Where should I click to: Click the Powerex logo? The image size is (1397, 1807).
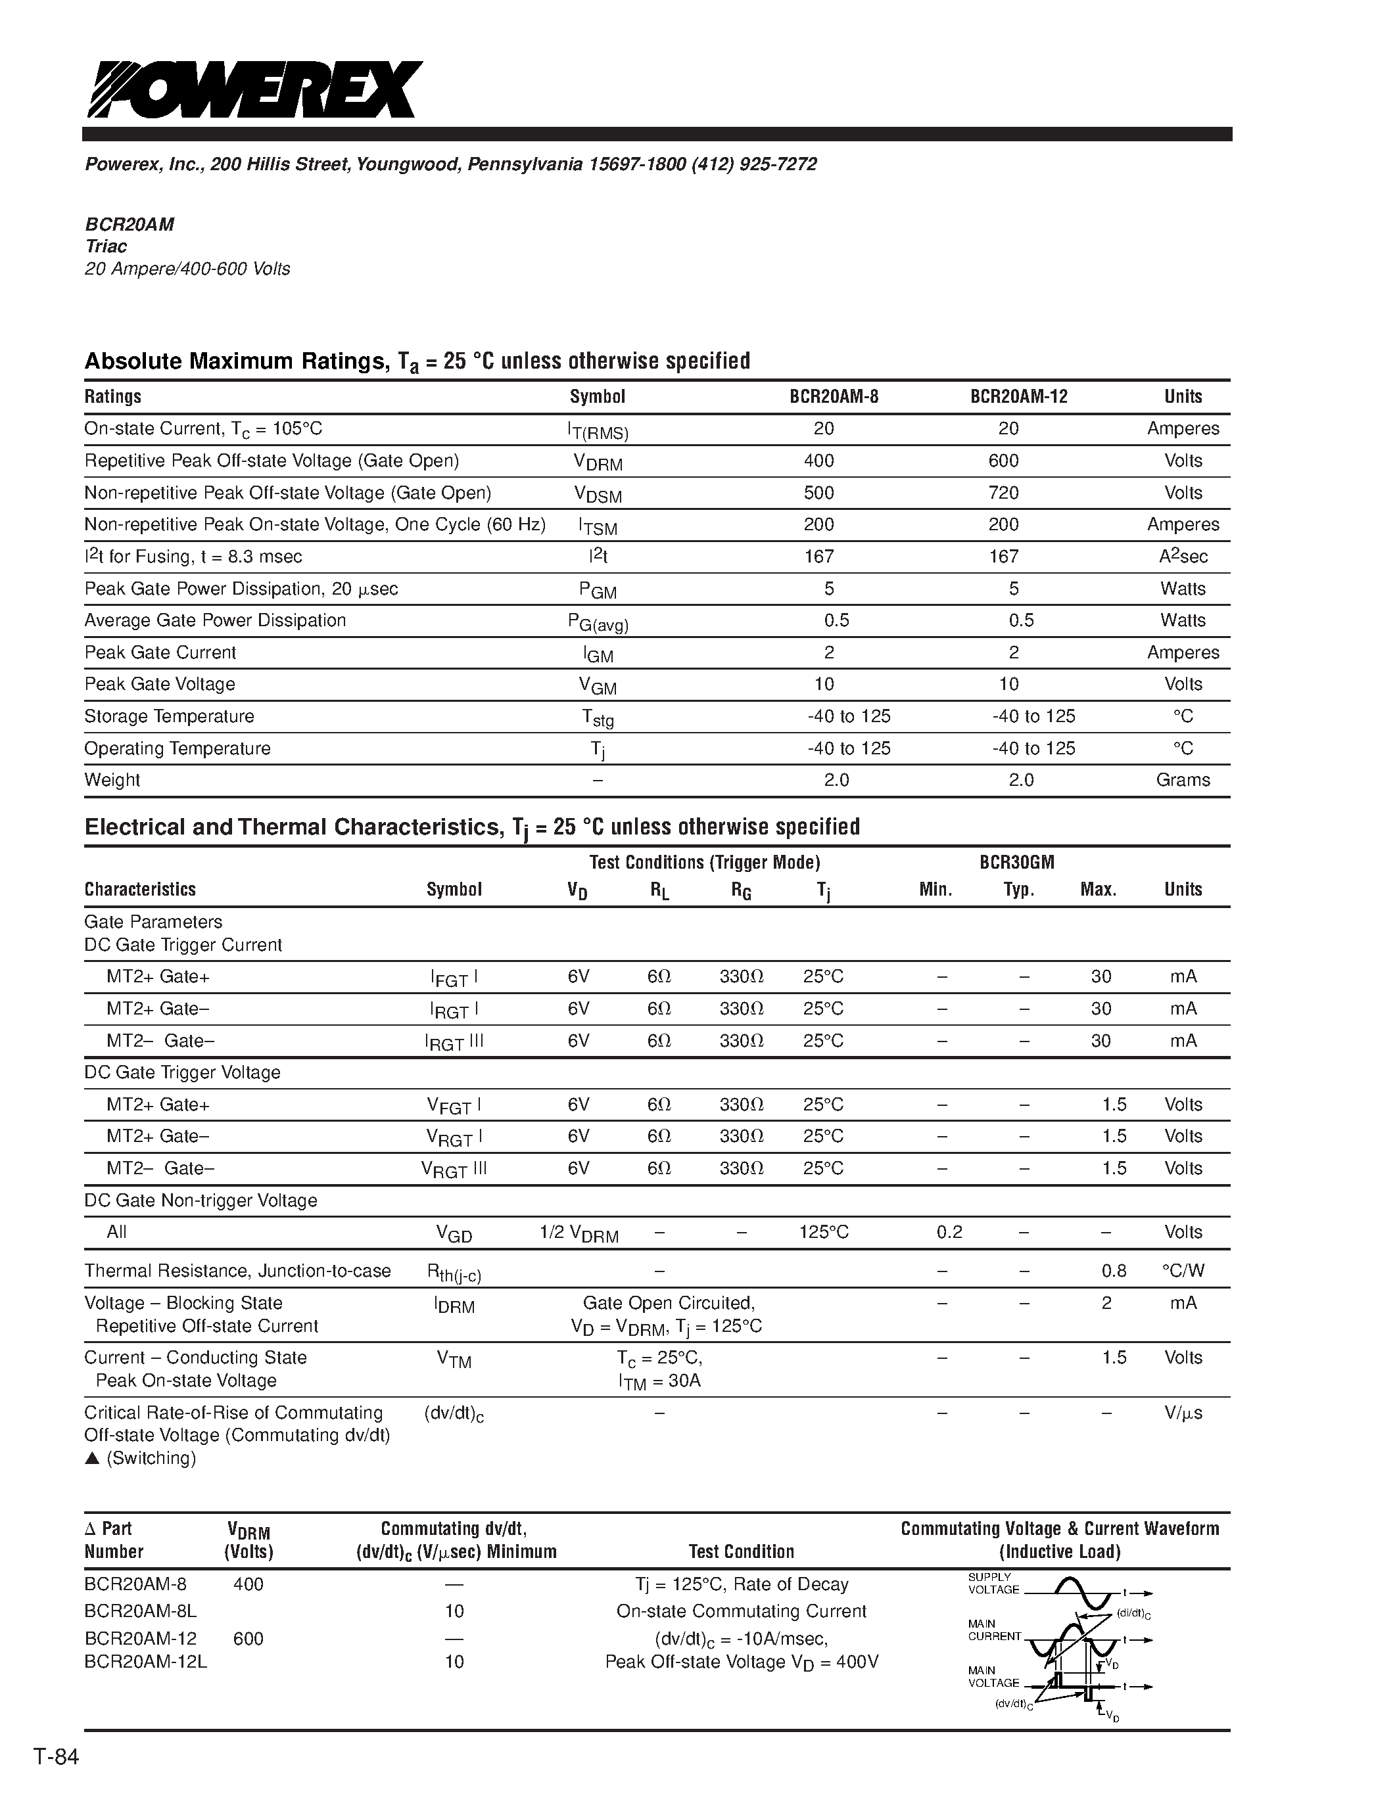pos(255,89)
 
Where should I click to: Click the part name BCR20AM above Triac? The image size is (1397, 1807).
pos(129,224)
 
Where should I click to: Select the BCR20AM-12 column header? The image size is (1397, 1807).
pos(1019,396)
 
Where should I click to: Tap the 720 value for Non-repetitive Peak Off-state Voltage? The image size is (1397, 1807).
pos(1003,493)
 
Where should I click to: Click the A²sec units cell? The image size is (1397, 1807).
pos(1183,557)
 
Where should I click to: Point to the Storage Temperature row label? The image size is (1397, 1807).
pos(169,716)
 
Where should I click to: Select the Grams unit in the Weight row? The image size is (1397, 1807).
pos(1183,780)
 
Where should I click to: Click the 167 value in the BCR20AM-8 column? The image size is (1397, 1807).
pos(818,557)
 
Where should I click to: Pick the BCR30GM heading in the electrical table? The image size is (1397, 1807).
pos(1016,862)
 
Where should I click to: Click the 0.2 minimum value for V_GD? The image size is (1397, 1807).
pos(949,1232)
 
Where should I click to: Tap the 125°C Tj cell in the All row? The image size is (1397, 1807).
pos(824,1232)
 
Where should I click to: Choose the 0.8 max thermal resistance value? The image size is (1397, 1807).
pos(1114,1271)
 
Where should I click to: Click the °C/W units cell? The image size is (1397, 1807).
pos(1183,1271)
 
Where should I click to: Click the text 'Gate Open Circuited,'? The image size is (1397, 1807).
pos(669,1303)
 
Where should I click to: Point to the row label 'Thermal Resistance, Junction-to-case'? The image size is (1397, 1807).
pos(237,1271)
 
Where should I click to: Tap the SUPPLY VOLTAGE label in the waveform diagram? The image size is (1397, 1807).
pos(993,1584)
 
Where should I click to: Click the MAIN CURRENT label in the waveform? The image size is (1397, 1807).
pos(995,1630)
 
